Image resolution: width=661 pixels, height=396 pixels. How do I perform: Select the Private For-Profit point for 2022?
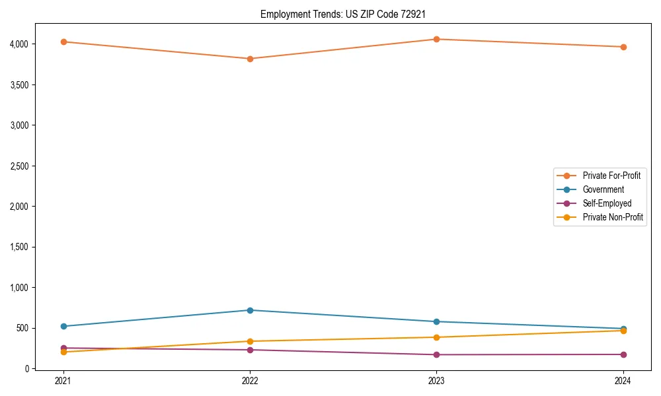tap(250, 59)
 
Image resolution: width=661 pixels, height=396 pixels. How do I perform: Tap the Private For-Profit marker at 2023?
tap(436, 39)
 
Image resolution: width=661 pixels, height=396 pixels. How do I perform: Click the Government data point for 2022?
tap(250, 310)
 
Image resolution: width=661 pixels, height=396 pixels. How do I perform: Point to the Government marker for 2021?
tap(63, 326)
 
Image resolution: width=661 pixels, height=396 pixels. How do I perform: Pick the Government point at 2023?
tap(436, 321)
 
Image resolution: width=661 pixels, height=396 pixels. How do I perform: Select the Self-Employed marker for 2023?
tap(436, 354)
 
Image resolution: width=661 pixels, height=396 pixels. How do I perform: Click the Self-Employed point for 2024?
tap(623, 354)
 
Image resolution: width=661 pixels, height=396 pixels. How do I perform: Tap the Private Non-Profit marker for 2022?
tap(250, 341)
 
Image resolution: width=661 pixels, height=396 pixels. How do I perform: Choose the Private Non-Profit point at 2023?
tap(436, 337)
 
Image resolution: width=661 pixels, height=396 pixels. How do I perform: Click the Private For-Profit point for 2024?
tap(623, 47)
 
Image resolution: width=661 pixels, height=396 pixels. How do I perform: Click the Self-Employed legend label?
tap(607, 203)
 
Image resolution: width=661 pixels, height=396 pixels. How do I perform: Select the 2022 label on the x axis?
tap(250, 381)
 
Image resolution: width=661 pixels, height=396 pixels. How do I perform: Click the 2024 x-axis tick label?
tap(623, 381)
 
